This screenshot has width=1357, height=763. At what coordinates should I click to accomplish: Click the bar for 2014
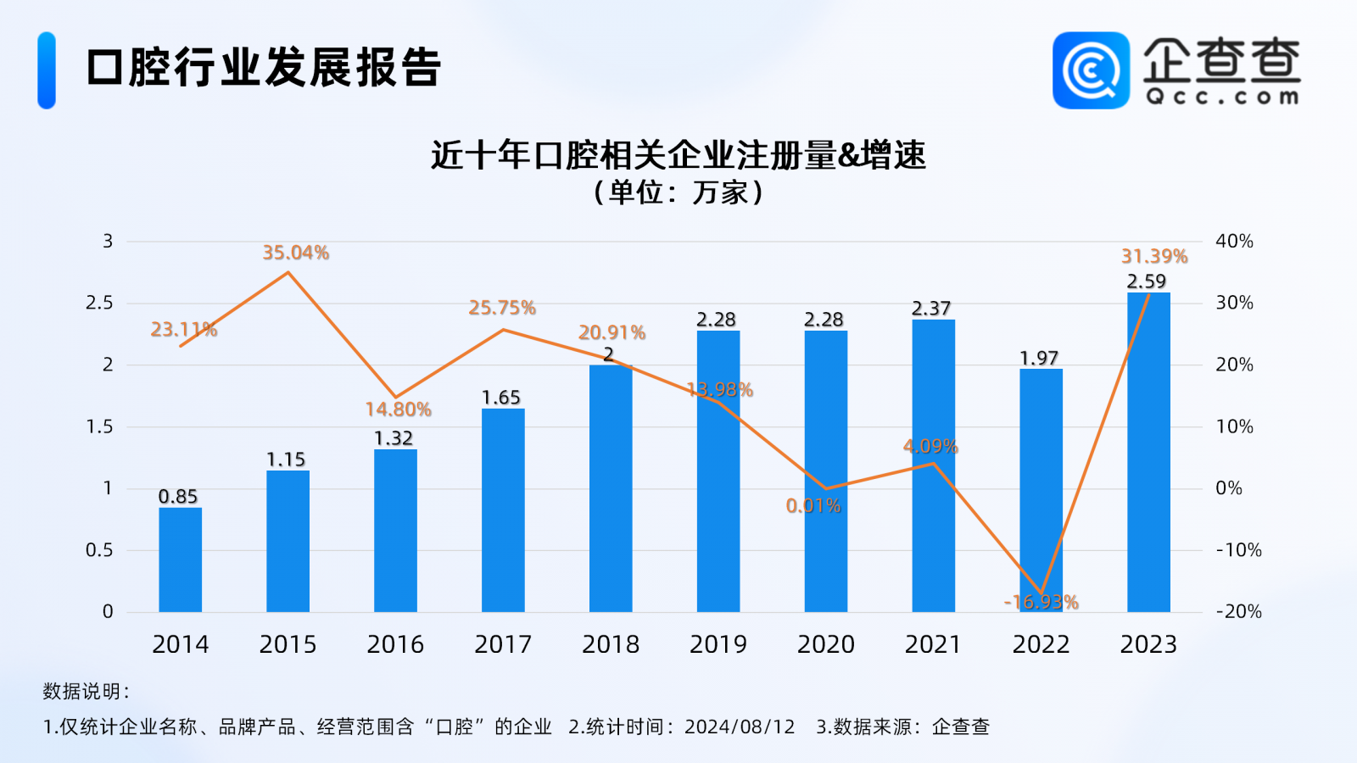coord(180,560)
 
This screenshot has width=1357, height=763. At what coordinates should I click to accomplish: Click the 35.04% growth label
coord(295,253)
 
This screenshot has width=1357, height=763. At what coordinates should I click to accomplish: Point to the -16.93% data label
coord(1041,602)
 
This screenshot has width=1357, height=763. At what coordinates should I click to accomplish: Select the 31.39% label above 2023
coord(1154,256)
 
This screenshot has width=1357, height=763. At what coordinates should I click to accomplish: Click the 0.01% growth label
coord(813,506)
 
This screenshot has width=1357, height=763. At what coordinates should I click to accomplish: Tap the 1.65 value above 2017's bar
coord(501,398)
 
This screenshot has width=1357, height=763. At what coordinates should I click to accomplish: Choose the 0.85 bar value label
coord(178,497)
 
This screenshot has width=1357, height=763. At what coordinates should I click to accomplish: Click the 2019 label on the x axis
coord(718,644)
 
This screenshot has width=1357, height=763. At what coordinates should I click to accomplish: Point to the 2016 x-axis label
coord(395,644)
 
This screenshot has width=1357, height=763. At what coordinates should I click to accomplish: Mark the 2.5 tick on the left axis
coord(99,304)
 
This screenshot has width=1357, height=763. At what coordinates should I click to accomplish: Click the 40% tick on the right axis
coord(1234,242)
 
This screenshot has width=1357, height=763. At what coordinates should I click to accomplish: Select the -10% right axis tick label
coord(1238,550)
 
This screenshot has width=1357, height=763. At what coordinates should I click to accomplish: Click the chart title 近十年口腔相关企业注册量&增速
coord(678,155)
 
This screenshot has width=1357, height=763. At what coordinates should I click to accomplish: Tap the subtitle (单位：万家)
coord(678,192)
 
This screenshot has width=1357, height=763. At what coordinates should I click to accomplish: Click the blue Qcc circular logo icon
coord(1091,70)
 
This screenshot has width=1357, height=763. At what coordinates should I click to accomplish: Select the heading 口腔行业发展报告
coord(264,68)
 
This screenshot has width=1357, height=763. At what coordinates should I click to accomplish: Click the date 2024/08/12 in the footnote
coord(740,727)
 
